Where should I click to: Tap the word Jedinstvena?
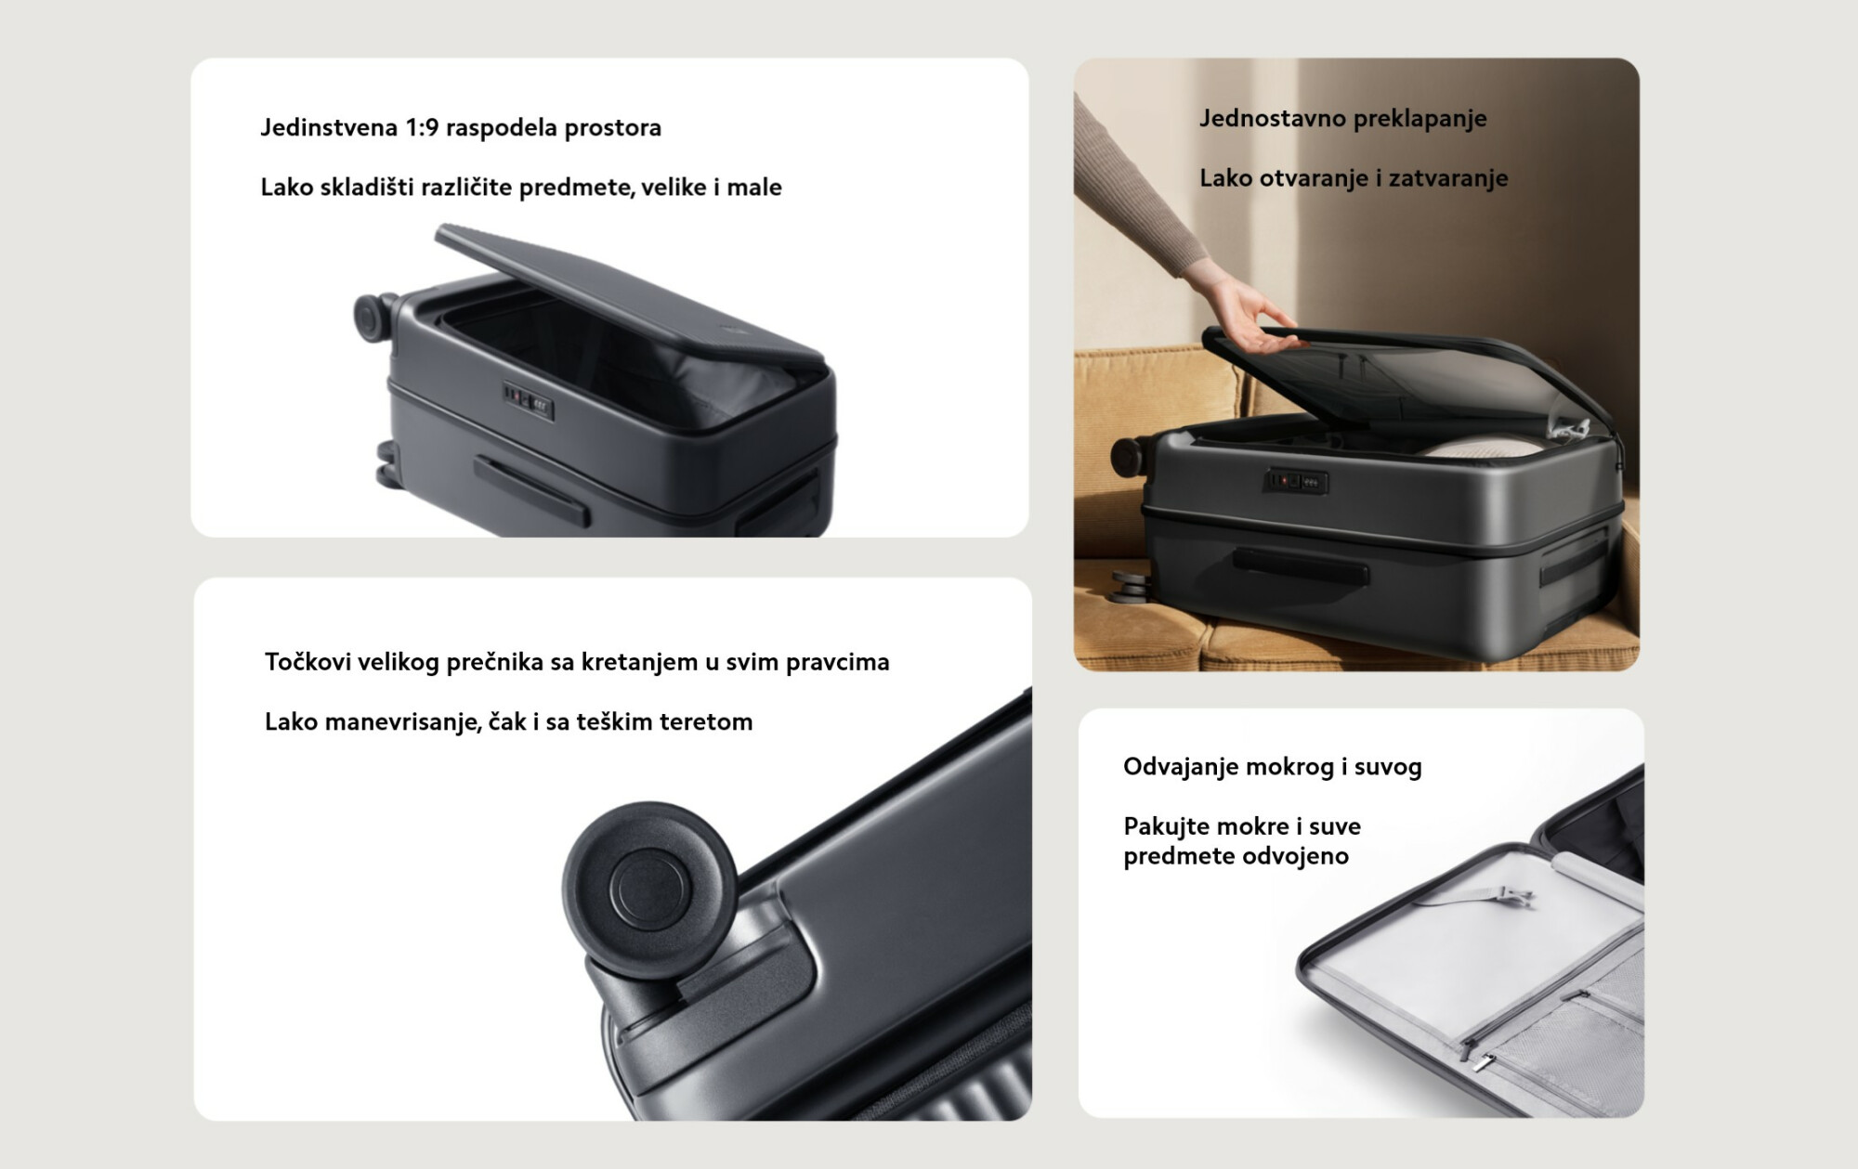point(329,127)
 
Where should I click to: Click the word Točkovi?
point(305,662)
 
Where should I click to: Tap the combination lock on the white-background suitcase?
point(529,401)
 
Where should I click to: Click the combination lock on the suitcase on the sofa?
point(1299,482)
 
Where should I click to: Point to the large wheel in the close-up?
point(650,889)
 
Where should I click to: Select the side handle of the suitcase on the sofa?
point(1300,566)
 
